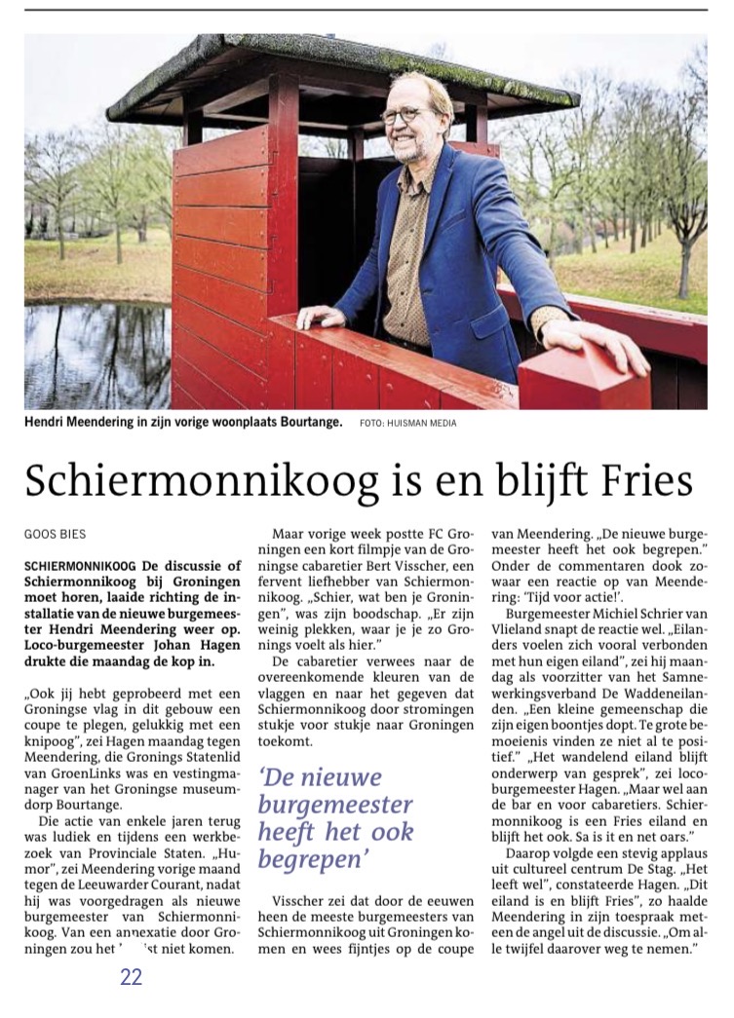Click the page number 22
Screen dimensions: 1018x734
(x=132, y=977)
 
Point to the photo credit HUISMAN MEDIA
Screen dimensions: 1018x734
(x=422, y=423)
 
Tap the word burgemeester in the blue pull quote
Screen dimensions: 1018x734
(x=335, y=806)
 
